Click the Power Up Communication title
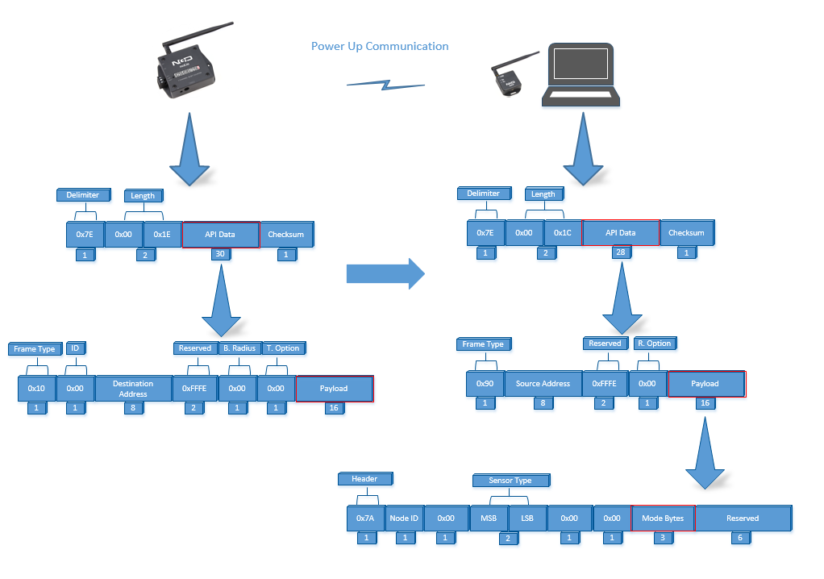[x=380, y=46]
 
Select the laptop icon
[x=581, y=75]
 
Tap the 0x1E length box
[x=162, y=235]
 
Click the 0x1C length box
[x=563, y=233]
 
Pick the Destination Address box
[x=134, y=389]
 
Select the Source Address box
[x=543, y=384]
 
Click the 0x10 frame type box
[x=37, y=389]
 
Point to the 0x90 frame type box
[x=485, y=384]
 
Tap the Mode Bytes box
[x=663, y=519]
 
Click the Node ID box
[x=404, y=519]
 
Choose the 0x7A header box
[x=366, y=519]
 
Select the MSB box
[x=489, y=519]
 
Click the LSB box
[x=527, y=519]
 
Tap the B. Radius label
[x=239, y=348]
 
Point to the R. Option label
[x=655, y=344]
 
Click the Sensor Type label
[x=511, y=481]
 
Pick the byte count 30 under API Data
[x=220, y=254]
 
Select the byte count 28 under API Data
[x=621, y=252]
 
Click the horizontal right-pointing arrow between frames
[x=385, y=273]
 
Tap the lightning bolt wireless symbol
[x=385, y=85]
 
